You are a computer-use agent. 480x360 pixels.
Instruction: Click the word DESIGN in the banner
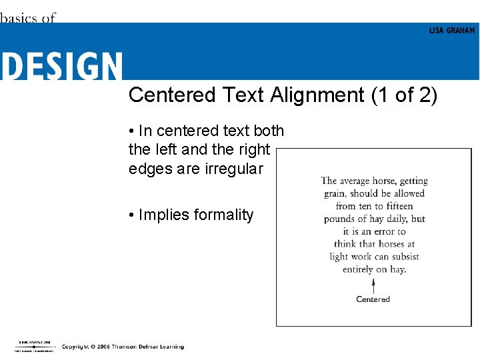pyautogui.click(x=61, y=66)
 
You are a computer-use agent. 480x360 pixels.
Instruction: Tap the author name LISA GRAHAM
pyautogui.click(x=452, y=31)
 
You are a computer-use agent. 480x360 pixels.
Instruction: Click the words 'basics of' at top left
pyautogui.click(x=27, y=18)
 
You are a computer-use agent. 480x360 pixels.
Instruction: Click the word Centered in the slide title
pyautogui.click(x=172, y=95)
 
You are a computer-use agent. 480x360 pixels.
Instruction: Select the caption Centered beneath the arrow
pyautogui.click(x=373, y=299)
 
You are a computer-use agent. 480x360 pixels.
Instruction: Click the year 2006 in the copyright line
pyautogui.click(x=101, y=347)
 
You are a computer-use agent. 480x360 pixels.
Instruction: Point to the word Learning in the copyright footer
pyautogui.click(x=171, y=347)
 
